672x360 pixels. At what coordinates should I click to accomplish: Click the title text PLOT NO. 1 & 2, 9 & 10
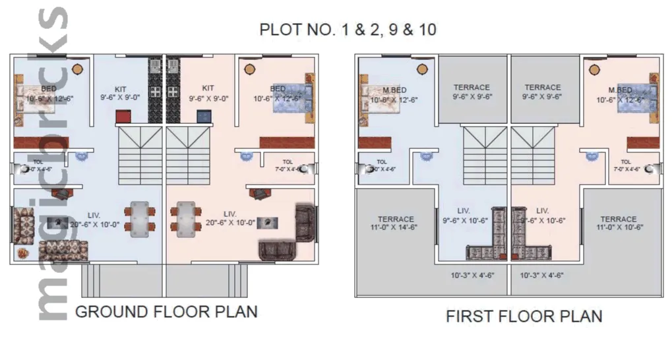pos(348,30)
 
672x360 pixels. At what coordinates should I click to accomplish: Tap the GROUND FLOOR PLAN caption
pos(166,311)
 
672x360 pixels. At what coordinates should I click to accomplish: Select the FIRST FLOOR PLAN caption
pos(524,316)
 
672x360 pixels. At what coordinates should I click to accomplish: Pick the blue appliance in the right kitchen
pos(204,117)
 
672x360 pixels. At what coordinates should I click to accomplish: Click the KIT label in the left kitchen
pos(120,88)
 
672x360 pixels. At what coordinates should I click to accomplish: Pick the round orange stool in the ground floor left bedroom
pos(78,68)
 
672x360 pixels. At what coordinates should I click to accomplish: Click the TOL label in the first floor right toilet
pos(625,162)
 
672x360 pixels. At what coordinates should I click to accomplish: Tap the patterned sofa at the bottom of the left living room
pos(63,251)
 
